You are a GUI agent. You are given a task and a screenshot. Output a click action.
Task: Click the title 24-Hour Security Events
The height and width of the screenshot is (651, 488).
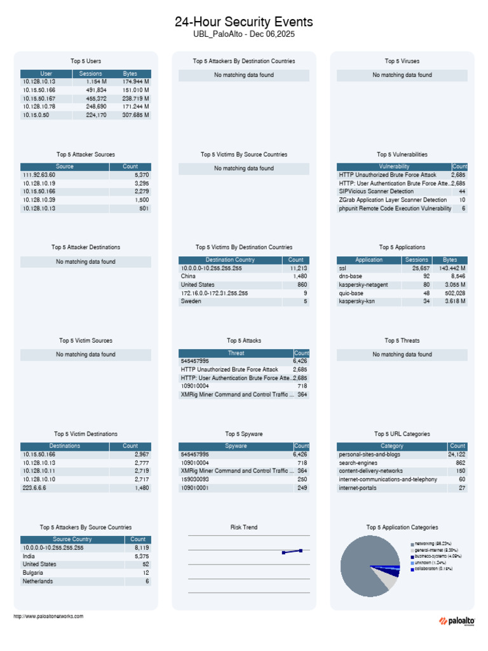pos(244,22)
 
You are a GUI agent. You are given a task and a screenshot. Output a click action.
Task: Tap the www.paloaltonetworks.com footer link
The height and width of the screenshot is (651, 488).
pos(48,616)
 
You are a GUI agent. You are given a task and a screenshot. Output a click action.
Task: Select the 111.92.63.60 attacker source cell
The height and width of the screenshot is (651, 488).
pos(39,175)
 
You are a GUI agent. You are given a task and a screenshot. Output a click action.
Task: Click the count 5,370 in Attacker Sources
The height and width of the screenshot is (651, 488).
pos(142,175)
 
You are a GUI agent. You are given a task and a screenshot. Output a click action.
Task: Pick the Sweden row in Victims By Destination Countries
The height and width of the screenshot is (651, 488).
pos(191,301)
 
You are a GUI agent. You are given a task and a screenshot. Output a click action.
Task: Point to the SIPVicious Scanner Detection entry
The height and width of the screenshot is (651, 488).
pos(376,191)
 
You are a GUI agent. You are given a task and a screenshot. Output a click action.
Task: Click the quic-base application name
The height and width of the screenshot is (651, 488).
pos(351,293)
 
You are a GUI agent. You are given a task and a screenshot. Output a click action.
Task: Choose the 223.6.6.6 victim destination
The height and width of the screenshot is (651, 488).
pos(36,488)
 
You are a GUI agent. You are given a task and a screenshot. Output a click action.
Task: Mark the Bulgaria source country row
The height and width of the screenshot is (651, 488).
pos(33,573)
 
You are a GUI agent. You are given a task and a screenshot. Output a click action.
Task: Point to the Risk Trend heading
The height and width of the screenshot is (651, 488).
pos(244,527)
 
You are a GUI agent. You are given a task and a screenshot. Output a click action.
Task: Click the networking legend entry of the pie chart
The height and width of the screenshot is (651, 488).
pos(433,544)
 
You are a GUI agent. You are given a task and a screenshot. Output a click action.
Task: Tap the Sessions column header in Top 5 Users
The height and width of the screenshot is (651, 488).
pos(91,74)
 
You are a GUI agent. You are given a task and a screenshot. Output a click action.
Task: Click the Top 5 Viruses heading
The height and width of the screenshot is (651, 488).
pos(402,61)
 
